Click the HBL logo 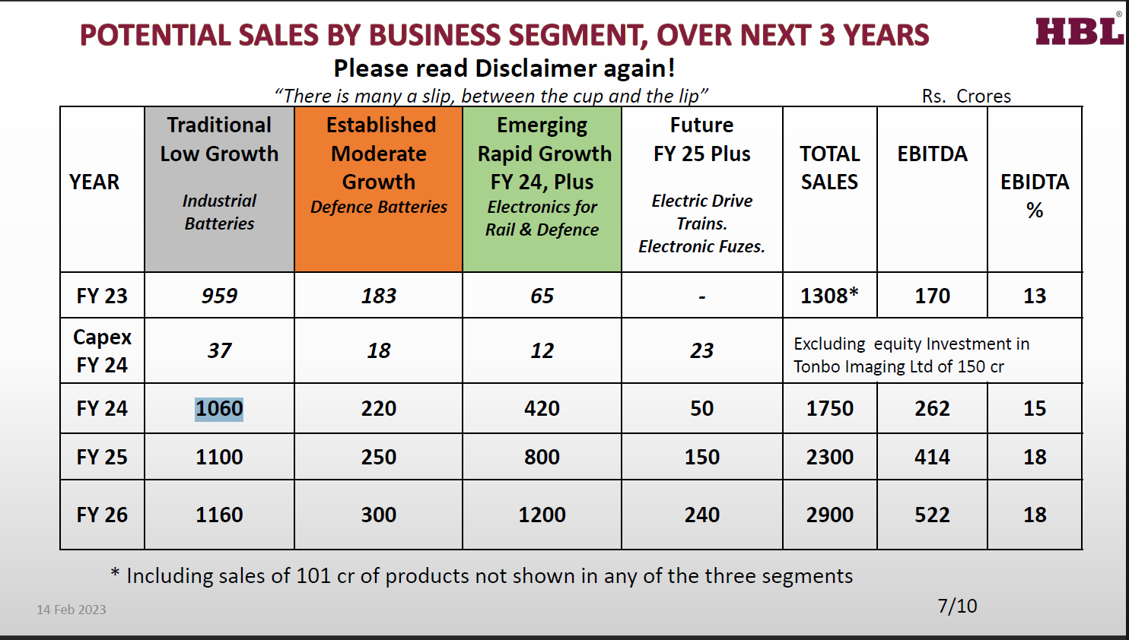click(1079, 32)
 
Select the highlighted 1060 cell click(219, 409)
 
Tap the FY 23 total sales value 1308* click(829, 296)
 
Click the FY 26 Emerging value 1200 click(542, 515)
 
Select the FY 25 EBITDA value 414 click(932, 457)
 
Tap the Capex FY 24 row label click(102, 350)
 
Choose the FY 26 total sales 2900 click(830, 515)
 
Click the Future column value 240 click(701, 515)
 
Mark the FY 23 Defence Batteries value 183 click(379, 296)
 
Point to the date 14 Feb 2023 click(72, 610)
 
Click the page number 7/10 click(957, 606)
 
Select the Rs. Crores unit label click(966, 97)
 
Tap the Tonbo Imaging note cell click(911, 355)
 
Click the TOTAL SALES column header click(830, 168)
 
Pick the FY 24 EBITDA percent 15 click(1035, 409)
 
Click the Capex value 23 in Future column click(701, 350)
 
